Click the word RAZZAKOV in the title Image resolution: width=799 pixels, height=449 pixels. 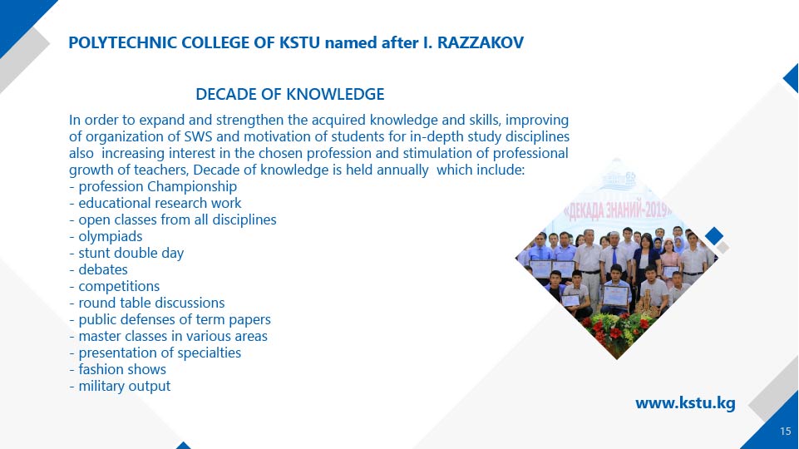tap(481, 42)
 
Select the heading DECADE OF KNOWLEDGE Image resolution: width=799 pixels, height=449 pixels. tap(290, 94)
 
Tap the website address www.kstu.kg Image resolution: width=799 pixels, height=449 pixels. tap(685, 403)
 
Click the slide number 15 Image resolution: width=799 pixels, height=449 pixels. tap(785, 432)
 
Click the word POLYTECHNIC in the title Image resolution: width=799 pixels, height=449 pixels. tap(123, 42)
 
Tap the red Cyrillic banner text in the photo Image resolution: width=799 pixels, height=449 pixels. tap(618, 210)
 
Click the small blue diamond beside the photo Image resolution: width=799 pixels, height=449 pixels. tap(714, 236)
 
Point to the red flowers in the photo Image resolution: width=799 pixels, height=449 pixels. tap(618, 328)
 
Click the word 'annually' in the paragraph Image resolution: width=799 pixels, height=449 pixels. tap(402, 170)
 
